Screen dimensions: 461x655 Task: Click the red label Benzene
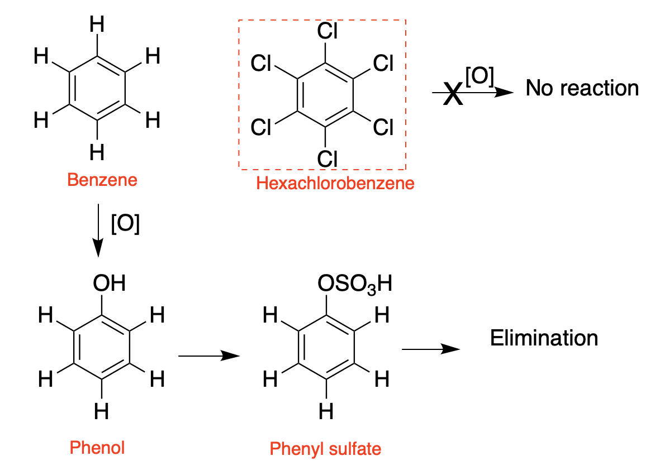(x=102, y=180)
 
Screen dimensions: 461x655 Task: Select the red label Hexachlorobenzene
(x=335, y=183)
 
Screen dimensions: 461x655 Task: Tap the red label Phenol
(x=97, y=447)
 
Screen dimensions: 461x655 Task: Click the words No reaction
(x=582, y=88)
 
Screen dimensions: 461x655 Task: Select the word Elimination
(x=544, y=338)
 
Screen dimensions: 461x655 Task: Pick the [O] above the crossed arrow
(x=479, y=77)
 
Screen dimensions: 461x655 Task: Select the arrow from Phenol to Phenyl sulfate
(x=205, y=355)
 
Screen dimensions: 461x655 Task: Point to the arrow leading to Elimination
(x=430, y=349)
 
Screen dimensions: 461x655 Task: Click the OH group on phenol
(x=109, y=284)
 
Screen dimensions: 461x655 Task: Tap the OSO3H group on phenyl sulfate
(x=354, y=285)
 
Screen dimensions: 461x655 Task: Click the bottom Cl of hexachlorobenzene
(x=327, y=159)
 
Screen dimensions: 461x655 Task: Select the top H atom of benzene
(x=97, y=25)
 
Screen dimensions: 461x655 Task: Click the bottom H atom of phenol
(x=101, y=412)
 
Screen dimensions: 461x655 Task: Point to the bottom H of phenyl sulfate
(x=325, y=412)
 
